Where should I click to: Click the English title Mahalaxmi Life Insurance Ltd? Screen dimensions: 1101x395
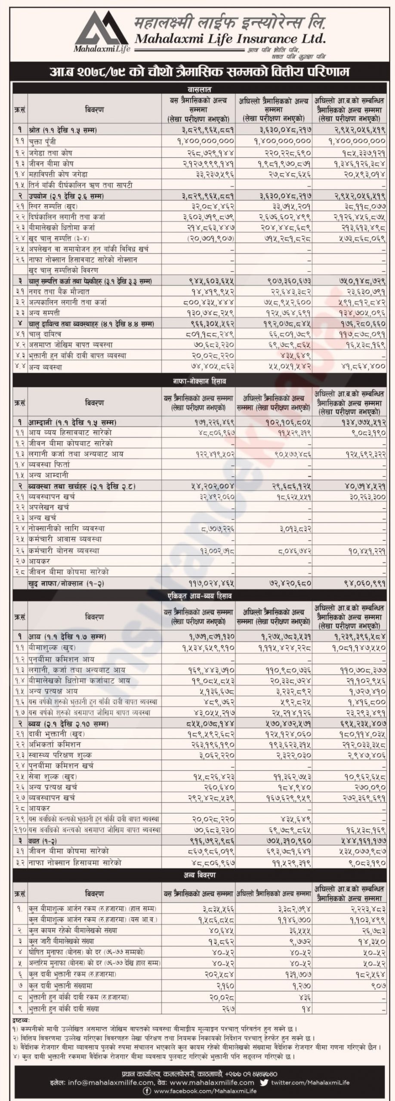230,39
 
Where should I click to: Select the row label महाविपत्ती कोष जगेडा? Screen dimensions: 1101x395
58,174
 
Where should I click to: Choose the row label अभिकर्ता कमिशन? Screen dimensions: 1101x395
54,744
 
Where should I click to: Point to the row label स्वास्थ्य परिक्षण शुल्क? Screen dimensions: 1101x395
60,755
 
